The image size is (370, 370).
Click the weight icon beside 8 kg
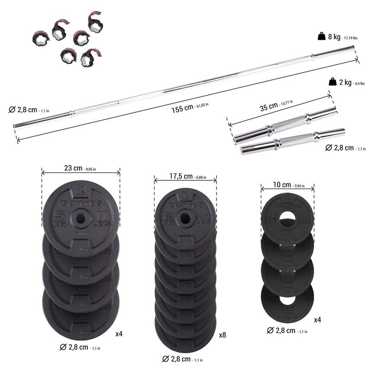click(321, 36)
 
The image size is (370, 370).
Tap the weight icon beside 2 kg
click(332, 82)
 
